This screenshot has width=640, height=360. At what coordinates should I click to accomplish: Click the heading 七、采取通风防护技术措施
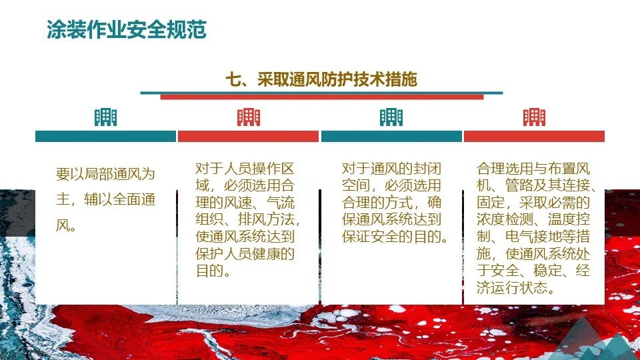pos(321,80)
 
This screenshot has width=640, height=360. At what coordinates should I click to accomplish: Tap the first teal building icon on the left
pos(105,117)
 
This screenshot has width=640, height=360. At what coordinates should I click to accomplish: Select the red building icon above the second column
pos(249,117)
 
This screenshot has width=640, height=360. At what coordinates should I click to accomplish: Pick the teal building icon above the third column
pos(391,117)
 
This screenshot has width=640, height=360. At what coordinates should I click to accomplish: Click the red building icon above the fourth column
pos(534,117)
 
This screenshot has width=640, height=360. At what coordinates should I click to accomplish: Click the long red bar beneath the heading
pos(321,97)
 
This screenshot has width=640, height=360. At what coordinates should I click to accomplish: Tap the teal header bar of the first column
pos(105,136)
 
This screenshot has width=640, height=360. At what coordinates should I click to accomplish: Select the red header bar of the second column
pos(249,136)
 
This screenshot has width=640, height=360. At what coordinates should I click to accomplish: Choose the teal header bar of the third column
pos(391,136)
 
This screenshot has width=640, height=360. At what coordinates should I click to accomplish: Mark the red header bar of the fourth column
pos(534,136)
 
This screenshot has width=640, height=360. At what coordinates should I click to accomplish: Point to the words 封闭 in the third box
pos(425,168)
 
